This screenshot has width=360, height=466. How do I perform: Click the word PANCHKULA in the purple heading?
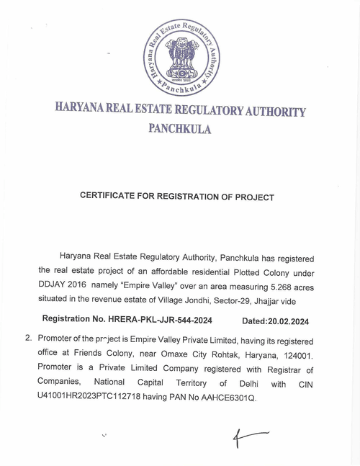click(x=179, y=130)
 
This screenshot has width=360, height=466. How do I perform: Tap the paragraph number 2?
click(x=28, y=336)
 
